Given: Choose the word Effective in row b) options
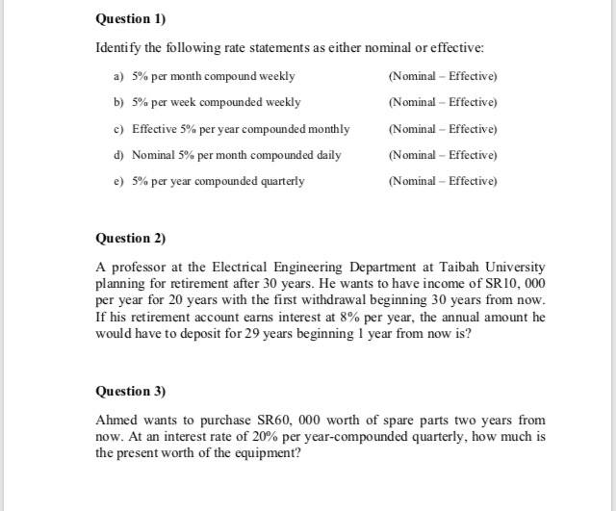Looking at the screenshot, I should coord(473,102).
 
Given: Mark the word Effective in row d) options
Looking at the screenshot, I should coord(473,155).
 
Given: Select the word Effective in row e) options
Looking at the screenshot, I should coord(473,181).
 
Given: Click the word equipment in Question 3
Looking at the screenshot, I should coord(269,453).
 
